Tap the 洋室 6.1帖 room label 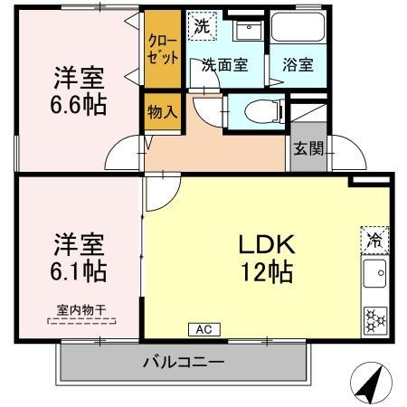click(x=79, y=258)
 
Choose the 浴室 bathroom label click(x=298, y=65)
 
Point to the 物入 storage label click(x=163, y=113)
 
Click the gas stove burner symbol click(x=373, y=318)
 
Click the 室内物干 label click(x=79, y=310)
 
